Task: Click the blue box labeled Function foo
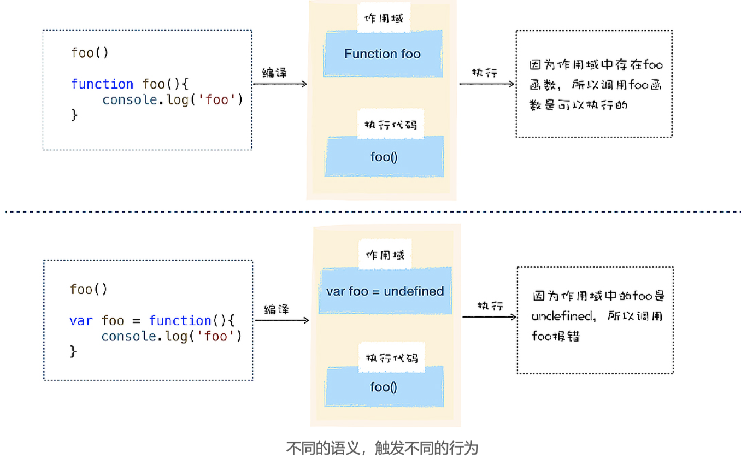point(383,54)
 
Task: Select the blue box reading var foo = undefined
point(385,291)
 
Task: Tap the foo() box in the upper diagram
point(384,157)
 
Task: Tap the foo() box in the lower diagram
point(384,387)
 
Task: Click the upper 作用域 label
point(384,19)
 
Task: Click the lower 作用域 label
point(385,255)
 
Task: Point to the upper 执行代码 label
point(390,125)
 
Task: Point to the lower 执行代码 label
point(392,358)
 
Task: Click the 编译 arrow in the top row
point(279,84)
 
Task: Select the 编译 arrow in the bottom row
point(282,320)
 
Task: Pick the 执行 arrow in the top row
point(486,84)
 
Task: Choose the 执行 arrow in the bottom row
point(489,317)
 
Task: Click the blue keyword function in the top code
point(102,84)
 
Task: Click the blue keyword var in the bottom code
point(81,321)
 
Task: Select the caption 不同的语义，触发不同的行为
point(382,449)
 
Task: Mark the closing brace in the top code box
point(74,115)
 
